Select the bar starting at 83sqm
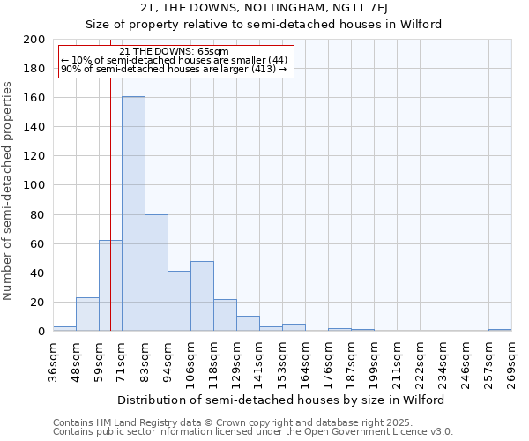(x=156, y=273)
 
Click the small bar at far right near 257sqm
(x=500, y=330)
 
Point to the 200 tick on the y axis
(x=34, y=40)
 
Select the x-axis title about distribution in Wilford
(x=281, y=400)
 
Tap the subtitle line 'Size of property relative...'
(x=264, y=24)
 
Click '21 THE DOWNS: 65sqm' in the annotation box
(x=174, y=51)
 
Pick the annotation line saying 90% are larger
(x=174, y=69)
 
